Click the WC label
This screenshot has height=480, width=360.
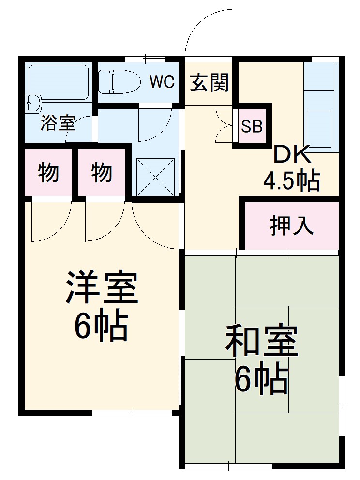tap(162, 82)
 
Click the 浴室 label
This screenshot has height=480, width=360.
tap(58, 124)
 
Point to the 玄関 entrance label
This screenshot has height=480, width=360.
tap(209, 83)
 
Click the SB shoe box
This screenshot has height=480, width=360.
tap(252, 126)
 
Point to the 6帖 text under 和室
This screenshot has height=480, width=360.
tap(261, 379)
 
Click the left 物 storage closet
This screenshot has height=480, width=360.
tap(48, 172)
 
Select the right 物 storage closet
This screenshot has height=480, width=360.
tap(102, 172)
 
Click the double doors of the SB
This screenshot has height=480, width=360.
tap(225, 125)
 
